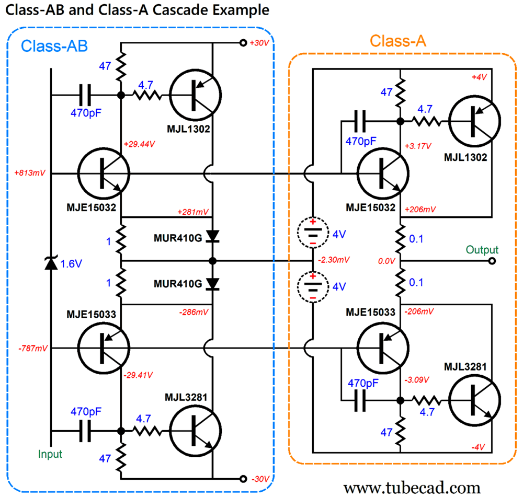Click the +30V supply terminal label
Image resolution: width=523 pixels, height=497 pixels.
(x=260, y=43)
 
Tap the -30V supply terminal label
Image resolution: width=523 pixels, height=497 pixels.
(x=260, y=479)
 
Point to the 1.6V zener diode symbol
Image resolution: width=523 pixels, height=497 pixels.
(x=51, y=264)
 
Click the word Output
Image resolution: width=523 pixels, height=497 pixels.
(x=482, y=250)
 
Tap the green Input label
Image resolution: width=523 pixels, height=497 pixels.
(x=50, y=454)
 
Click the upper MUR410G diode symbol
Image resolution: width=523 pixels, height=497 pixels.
(x=212, y=237)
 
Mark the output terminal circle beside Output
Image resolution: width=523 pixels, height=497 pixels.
(x=492, y=261)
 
